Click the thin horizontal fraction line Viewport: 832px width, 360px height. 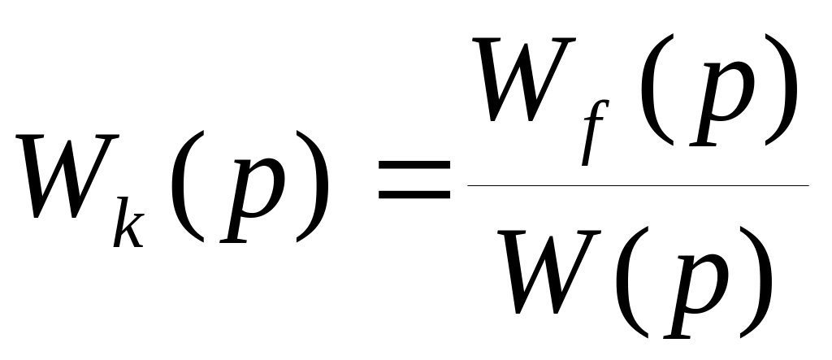point(638,185)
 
